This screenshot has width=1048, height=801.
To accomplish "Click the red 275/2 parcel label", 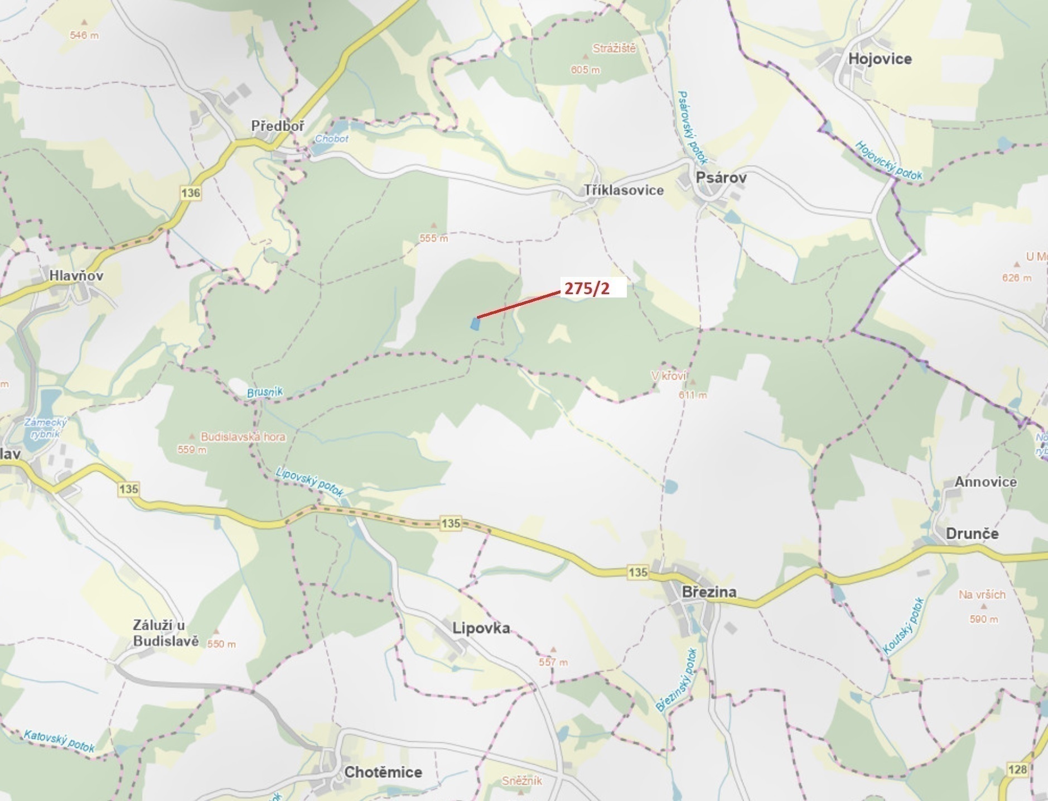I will point(587,289).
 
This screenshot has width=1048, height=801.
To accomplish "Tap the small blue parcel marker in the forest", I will point(475,324).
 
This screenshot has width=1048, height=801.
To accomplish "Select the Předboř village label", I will point(278,126).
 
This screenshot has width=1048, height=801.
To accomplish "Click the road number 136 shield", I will point(190,193).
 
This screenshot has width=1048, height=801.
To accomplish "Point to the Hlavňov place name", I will point(76,275).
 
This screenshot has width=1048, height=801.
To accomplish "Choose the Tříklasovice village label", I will point(624,190).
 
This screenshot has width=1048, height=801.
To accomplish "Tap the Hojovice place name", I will point(880,59).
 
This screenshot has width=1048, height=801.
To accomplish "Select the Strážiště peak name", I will point(614,49).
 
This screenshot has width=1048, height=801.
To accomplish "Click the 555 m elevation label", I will point(434,238).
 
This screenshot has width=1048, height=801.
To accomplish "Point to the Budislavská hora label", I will point(243,437).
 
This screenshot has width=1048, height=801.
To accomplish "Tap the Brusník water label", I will point(265,392).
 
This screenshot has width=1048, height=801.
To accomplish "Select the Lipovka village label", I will point(481,628).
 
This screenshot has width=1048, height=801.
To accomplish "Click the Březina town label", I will point(709,592).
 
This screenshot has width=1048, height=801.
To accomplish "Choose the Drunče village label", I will point(972,534).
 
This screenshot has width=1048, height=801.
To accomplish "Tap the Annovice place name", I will point(985,482).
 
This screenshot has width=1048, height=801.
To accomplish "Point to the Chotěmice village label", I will point(383,773).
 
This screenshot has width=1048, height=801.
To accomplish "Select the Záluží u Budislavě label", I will point(166,633).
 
